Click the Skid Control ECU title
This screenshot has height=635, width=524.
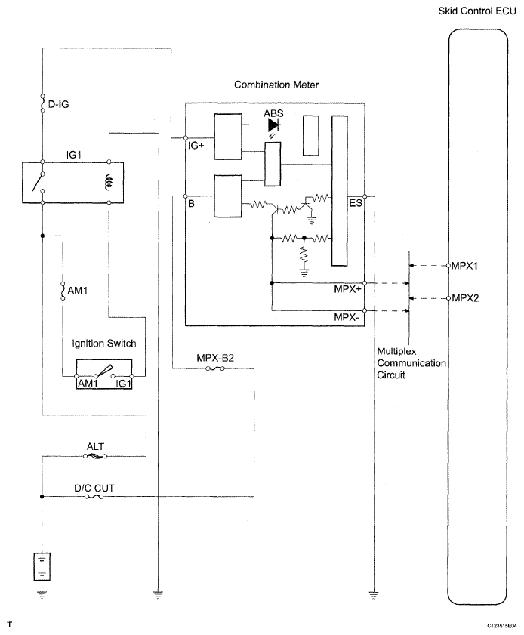pyautogui.click(x=477, y=11)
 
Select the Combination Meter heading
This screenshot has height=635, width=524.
pyautogui.click(x=276, y=85)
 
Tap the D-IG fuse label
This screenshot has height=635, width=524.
pyautogui.click(x=58, y=104)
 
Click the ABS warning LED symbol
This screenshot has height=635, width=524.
pyautogui.click(x=273, y=125)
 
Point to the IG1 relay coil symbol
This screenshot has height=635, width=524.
pyautogui.click(x=109, y=182)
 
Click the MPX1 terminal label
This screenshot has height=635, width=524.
pyautogui.click(x=464, y=266)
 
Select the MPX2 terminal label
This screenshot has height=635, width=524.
pyautogui.click(x=465, y=298)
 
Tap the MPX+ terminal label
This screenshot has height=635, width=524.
pyautogui.click(x=347, y=289)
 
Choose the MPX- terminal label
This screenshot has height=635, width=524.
pyautogui.click(x=347, y=317)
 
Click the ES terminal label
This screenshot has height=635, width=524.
pyautogui.click(x=356, y=203)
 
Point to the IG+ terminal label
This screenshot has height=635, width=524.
pyautogui.click(x=196, y=145)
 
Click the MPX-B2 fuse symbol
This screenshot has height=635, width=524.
pyautogui.click(x=215, y=368)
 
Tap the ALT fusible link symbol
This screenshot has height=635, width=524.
pyautogui.click(x=95, y=456)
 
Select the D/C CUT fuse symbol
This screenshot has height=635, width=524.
pyautogui.click(x=94, y=497)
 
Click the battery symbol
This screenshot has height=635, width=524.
pyautogui.click(x=42, y=566)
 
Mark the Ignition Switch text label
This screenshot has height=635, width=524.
pyautogui.click(x=104, y=344)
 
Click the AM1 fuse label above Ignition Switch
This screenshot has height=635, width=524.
pyautogui.click(x=77, y=291)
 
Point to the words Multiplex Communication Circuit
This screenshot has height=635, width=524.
pyautogui.click(x=411, y=363)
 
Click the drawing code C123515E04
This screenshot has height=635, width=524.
pyautogui.click(x=502, y=626)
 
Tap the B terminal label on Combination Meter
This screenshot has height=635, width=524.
pyautogui.click(x=191, y=203)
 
